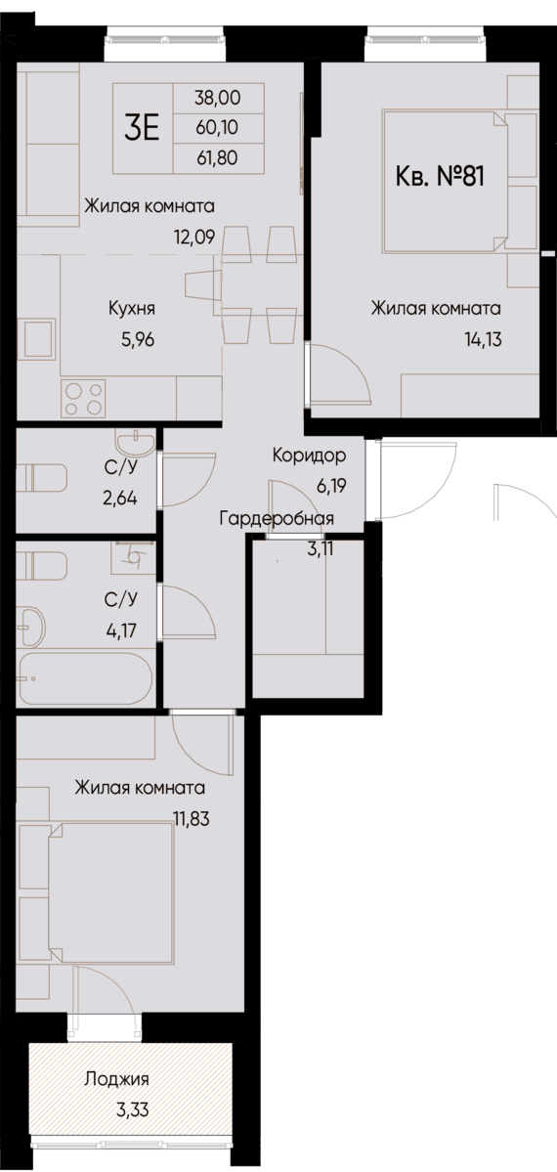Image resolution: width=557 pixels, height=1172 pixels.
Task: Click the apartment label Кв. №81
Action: (x=441, y=177)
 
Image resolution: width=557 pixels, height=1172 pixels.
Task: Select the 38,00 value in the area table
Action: (x=217, y=98)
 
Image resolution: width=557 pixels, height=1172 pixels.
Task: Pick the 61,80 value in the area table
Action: (x=217, y=156)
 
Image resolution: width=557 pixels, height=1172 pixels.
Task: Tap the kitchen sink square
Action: (x=40, y=341)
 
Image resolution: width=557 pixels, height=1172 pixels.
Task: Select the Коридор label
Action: (x=309, y=456)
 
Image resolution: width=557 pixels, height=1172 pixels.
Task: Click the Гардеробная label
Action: (x=278, y=519)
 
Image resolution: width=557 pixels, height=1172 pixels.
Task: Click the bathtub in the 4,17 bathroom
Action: (x=86, y=677)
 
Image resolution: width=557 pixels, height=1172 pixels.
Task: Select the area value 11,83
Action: (x=192, y=819)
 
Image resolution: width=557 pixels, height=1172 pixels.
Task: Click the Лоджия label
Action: (x=117, y=1079)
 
